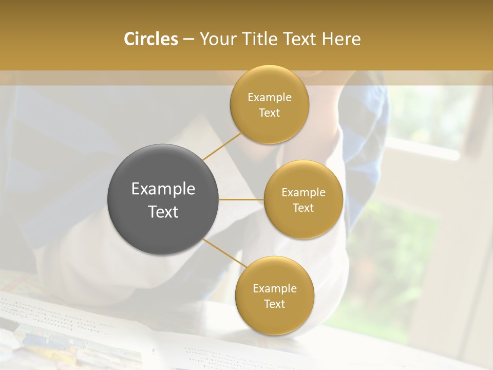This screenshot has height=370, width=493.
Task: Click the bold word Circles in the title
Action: (x=150, y=39)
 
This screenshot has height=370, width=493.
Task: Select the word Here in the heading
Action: (x=341, y=39)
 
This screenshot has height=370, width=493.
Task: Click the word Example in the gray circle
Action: (x=163, y=189)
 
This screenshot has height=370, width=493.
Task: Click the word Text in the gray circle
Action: (x=163, y=212)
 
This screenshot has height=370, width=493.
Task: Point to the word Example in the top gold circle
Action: (x=270, y=98)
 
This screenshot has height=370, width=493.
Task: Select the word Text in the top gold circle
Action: (x=270, y=113)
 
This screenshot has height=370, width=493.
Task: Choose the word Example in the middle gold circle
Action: (x=304, y=193)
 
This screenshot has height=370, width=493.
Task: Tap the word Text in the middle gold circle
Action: (x=304, y=208)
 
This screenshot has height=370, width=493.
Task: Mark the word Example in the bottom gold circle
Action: (x=275, y=289)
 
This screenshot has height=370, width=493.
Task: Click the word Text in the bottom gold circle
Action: (x=275, y=304)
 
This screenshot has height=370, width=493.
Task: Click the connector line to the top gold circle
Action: (x=222, y=146)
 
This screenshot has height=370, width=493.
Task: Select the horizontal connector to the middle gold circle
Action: (x=241, y=199)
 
